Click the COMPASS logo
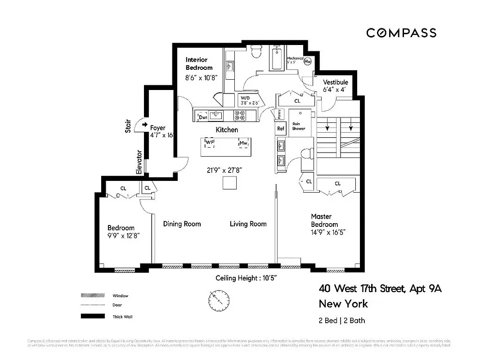(401, 33)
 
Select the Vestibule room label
(336, 82)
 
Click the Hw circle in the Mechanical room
(308, 62)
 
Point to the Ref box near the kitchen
(281, 129)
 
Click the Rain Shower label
(298, 126)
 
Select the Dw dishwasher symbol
(203, 117)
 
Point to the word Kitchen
(227, 130)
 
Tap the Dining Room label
(182, 224)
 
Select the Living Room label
(248, 224)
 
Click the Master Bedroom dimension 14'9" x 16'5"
(328, 232)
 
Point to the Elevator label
(139, 162)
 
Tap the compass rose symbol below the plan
(219, 299)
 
